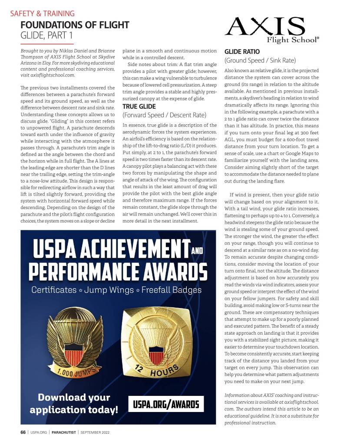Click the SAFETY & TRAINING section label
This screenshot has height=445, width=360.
point(42,13)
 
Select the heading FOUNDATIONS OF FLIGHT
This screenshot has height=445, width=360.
point(75,25)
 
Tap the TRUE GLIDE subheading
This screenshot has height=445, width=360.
point(139,106)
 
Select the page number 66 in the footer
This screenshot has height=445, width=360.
point(23,432)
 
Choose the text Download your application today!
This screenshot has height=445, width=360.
point(74,404)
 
